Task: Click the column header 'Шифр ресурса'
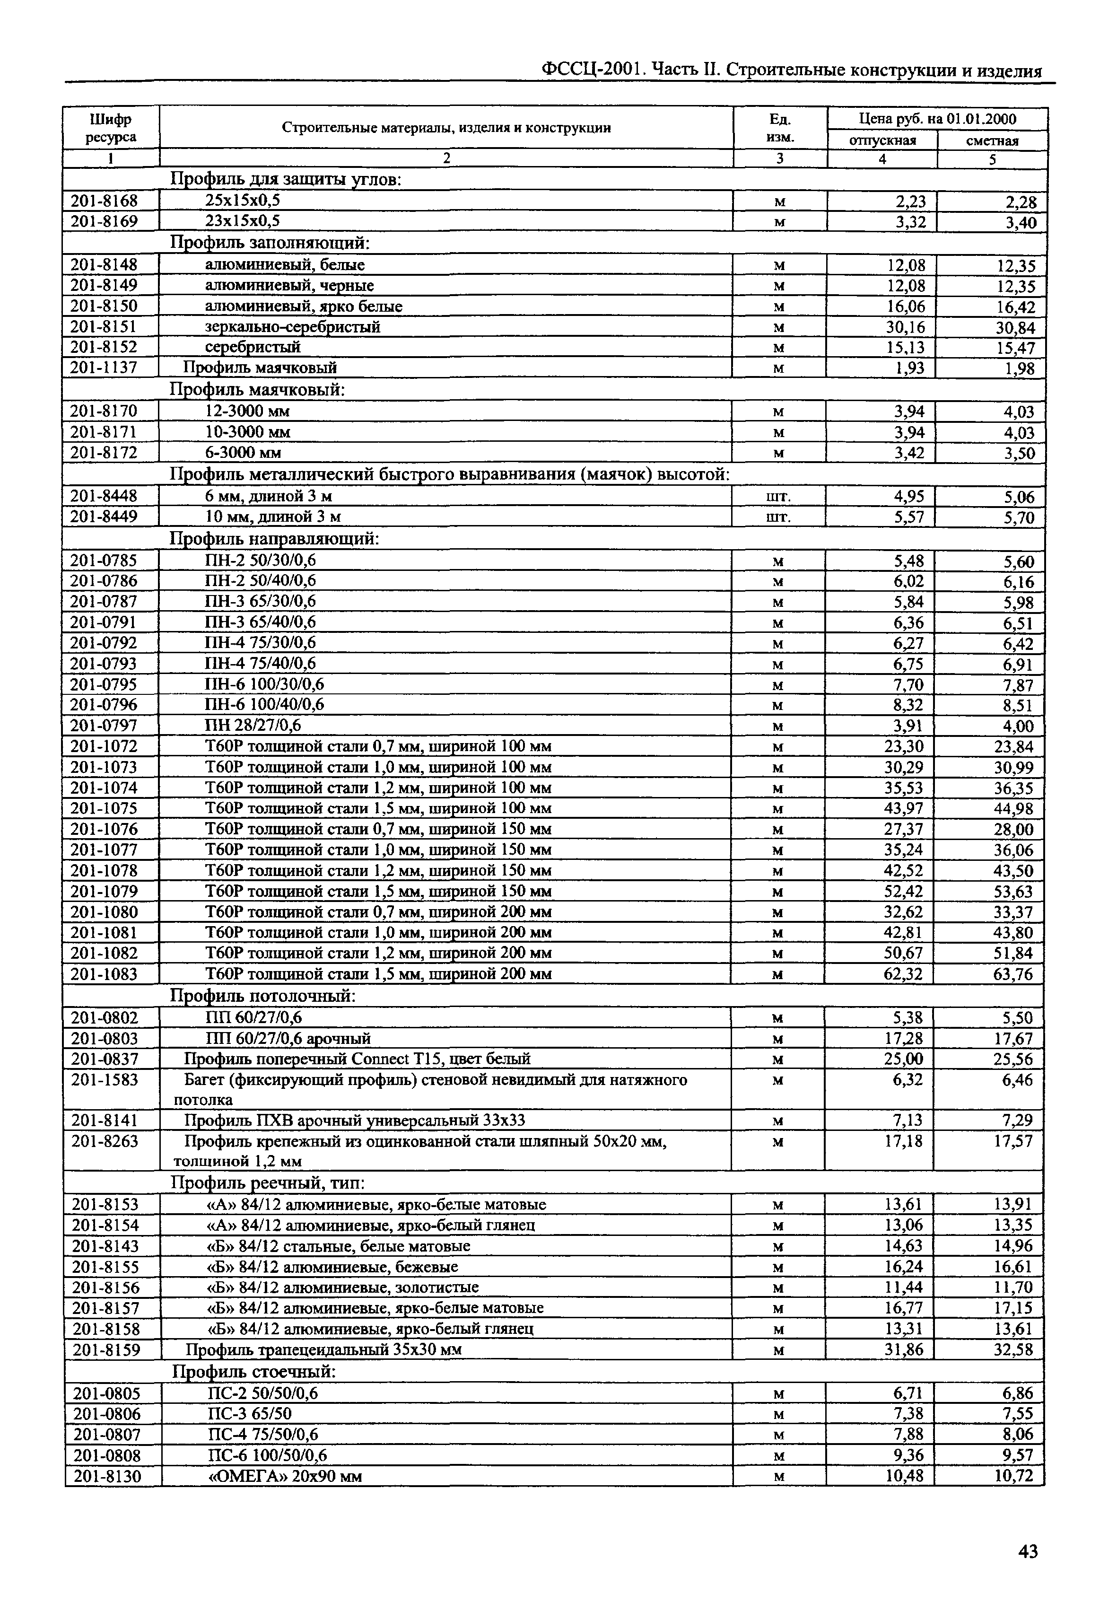(x=111, y=128)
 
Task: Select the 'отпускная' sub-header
(x=882, y=140)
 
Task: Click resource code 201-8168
(x=105, y=201)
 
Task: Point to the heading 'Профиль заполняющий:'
(x=270, y=243)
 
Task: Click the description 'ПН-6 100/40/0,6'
(x=264, y=704)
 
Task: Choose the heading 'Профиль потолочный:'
(x=263, y=996)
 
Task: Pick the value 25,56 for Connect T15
(x=1012, y=1059)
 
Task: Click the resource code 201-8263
(x=105, y=1142)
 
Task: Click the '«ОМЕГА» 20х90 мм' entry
(x=286, y=1477)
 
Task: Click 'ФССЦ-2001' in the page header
(x=593, y=70)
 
